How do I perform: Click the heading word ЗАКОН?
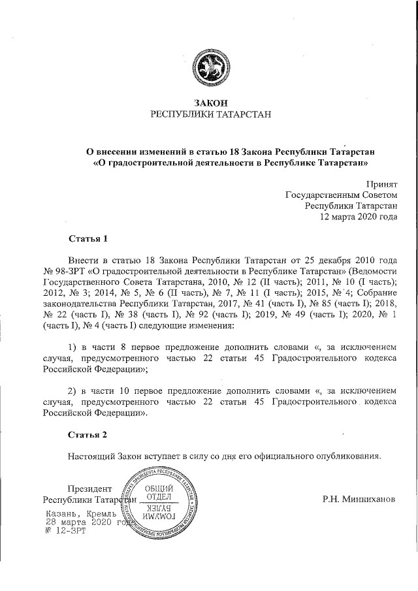210,103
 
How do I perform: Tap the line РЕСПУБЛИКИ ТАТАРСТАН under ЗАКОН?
210,115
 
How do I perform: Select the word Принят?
382,185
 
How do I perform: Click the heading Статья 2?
88,434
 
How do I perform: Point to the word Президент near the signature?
89,489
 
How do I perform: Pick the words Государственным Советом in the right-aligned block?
341,195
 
